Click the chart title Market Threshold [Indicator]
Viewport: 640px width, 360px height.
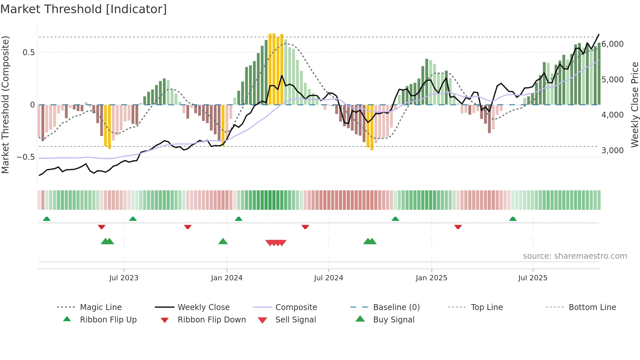point(84,9)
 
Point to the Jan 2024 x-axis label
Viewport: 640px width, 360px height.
point(227,278)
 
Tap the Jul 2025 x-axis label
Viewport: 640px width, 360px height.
point(533,278)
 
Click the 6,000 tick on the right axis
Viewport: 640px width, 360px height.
point(612,44)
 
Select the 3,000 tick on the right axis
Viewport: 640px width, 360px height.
point(612,151)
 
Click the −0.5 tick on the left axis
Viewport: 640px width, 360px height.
point(26,157)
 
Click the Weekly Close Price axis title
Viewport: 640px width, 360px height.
point(634,105)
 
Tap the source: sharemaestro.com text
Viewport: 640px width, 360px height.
point(575,256)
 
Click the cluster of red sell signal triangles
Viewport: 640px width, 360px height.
point(276,243)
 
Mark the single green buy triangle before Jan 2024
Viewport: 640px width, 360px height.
point(223,242)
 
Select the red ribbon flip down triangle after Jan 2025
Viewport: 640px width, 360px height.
point(458,227)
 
